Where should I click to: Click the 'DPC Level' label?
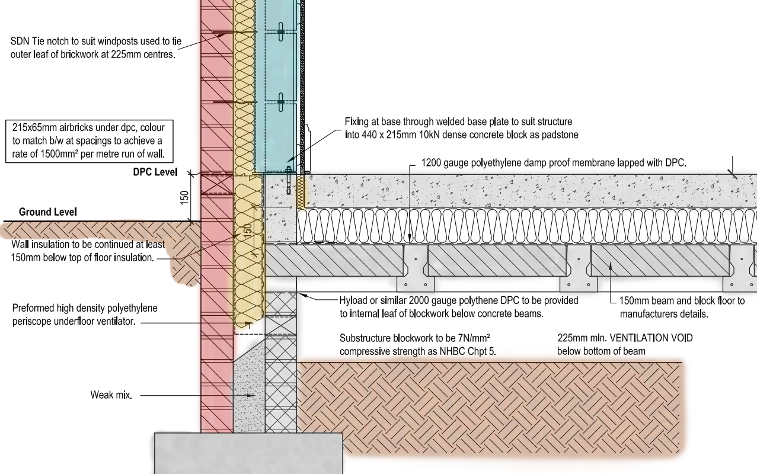click(155, 172)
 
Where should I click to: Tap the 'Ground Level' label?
click(47, 212)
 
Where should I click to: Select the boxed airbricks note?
click(88, 142)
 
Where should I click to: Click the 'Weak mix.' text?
click(111, 395)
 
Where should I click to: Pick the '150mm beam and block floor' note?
click(682, 308)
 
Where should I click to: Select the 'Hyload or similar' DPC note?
click(459, 307)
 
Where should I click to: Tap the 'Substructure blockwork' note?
click(418, 345)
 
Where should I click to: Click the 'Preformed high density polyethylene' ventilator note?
click(84, 315)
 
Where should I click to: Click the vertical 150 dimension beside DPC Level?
click(184, 197)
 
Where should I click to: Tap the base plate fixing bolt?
click(289, 181)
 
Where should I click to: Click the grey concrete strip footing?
click(248, 453)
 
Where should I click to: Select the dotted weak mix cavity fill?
click(249, 391)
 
